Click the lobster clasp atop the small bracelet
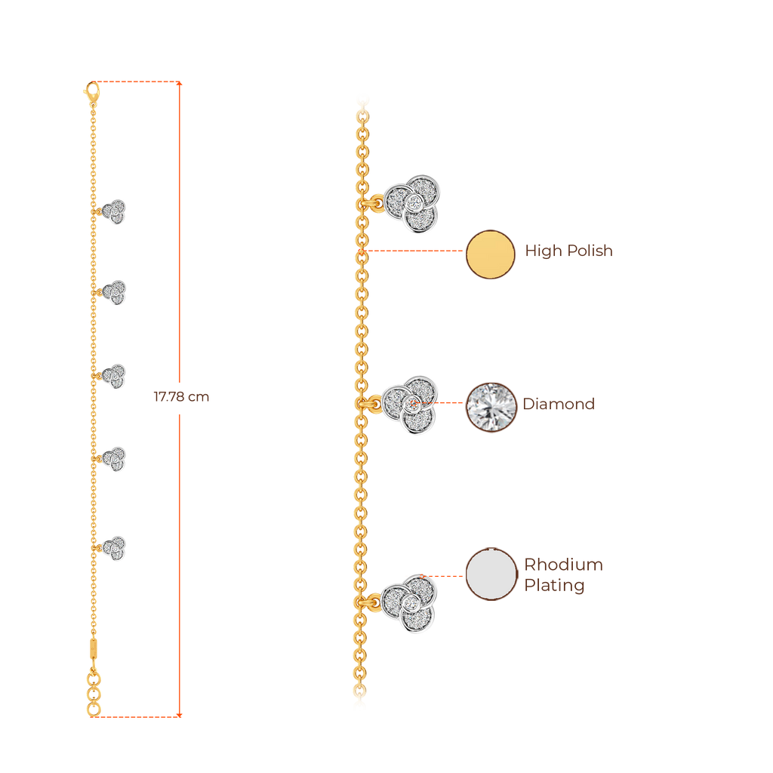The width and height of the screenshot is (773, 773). click(x=92, y=91)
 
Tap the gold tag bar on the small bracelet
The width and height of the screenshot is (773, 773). click(x=93, y=648)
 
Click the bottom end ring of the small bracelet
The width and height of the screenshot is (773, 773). click(x=92, y=708)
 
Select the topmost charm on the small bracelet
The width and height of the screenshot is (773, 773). click(x=115, y=211)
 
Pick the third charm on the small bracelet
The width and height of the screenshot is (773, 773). click(x=115, y=376)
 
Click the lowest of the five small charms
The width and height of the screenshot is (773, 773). click(x=115, y=547)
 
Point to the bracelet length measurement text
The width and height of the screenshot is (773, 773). click(x=181, y=397)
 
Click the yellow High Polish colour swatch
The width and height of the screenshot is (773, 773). click(x=490, y=254)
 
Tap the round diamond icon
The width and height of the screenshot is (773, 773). click(x=491, y=407)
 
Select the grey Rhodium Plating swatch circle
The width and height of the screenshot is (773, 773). click(x=491, y=574)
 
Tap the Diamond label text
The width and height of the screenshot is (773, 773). click(x=559, y=404)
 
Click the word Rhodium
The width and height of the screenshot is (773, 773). click(x=563, y=565)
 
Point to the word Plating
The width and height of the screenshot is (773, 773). click(x=554, y=586)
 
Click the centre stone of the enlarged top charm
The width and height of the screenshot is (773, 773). click(x=414, y=203)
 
